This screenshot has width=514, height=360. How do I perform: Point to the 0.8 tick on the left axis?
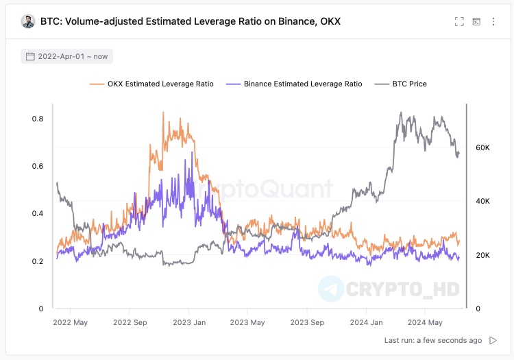(38, 119)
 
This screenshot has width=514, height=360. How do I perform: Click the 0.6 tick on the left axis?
(38, 166)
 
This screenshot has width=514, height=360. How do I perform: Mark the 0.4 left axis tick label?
(38, 213)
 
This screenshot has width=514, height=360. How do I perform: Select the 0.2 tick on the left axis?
(38, 261)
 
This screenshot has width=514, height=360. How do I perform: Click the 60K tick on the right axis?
(482, 147)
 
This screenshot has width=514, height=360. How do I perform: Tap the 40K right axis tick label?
(482, 201)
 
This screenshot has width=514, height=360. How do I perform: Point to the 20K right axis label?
(482, 255)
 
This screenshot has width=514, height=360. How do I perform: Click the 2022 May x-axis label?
(71, 322)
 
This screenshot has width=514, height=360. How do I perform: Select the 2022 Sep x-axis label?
(130, 322)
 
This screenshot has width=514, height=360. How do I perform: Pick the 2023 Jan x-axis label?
(189, 322)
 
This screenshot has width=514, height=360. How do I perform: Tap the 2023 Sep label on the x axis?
(306, 322)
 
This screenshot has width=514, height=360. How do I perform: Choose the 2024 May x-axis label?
(425, 322)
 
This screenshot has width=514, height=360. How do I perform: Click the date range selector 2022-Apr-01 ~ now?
(66, 56)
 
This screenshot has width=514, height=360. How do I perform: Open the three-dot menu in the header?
(493, 21)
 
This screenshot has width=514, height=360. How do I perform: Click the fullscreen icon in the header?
(459, 21)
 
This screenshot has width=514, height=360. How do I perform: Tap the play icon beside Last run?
(493, 340)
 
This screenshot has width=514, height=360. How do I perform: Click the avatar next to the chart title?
(28, 21)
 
